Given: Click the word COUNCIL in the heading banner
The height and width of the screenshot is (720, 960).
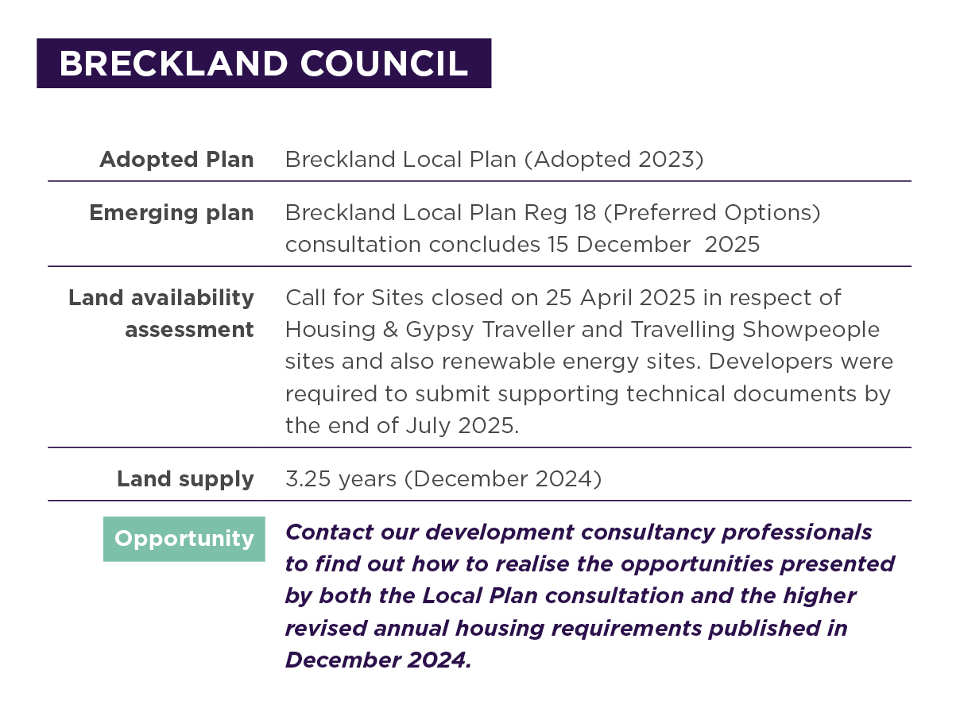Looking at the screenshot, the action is pos(384,64).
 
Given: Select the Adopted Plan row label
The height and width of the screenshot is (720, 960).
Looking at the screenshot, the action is pos(176,159).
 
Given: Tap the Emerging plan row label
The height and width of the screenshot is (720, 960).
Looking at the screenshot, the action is pos(172,213).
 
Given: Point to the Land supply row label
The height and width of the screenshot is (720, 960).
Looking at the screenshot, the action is pos(185,479).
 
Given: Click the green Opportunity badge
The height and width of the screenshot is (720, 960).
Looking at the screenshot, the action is pos(184,539).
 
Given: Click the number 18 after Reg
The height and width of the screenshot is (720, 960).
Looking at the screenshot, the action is pos(585,213).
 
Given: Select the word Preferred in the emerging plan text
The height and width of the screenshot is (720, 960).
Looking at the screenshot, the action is pos(664,213).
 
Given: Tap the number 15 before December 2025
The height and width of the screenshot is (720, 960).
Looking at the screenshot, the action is pos(558,245).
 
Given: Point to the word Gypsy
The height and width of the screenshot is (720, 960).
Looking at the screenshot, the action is pos(439,331).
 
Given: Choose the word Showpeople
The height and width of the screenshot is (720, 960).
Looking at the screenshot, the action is pos(811,331).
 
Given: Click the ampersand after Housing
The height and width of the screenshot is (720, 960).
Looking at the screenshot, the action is pos(390,330).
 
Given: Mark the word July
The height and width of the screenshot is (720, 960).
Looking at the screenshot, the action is pos(428,426).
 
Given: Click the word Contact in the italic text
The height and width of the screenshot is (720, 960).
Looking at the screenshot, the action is pos(329,532).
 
